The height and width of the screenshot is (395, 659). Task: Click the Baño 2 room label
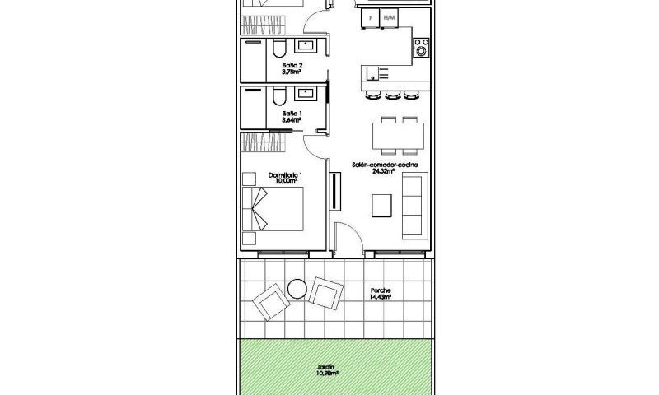(x=292, y=68)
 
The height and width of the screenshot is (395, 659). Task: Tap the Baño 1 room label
(x=292, y=117)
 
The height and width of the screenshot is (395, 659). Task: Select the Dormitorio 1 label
(x=286, y=178)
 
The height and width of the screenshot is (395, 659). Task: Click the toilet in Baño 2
(x=277, y=47)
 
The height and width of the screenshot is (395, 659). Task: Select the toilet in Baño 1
(x=277, y=96)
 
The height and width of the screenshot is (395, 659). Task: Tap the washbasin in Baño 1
(x=309, y=93)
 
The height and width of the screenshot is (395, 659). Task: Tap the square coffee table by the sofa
(x=381, y=204)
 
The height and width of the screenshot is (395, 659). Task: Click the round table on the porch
(x=297, y=288)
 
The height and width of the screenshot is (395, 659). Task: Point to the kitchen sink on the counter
(x=372, y=72)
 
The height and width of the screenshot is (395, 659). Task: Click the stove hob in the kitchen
(x=421, y=47)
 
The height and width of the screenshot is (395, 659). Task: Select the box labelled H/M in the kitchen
(x=390, y=17)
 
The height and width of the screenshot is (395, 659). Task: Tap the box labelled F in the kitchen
(x=371, y=17)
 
